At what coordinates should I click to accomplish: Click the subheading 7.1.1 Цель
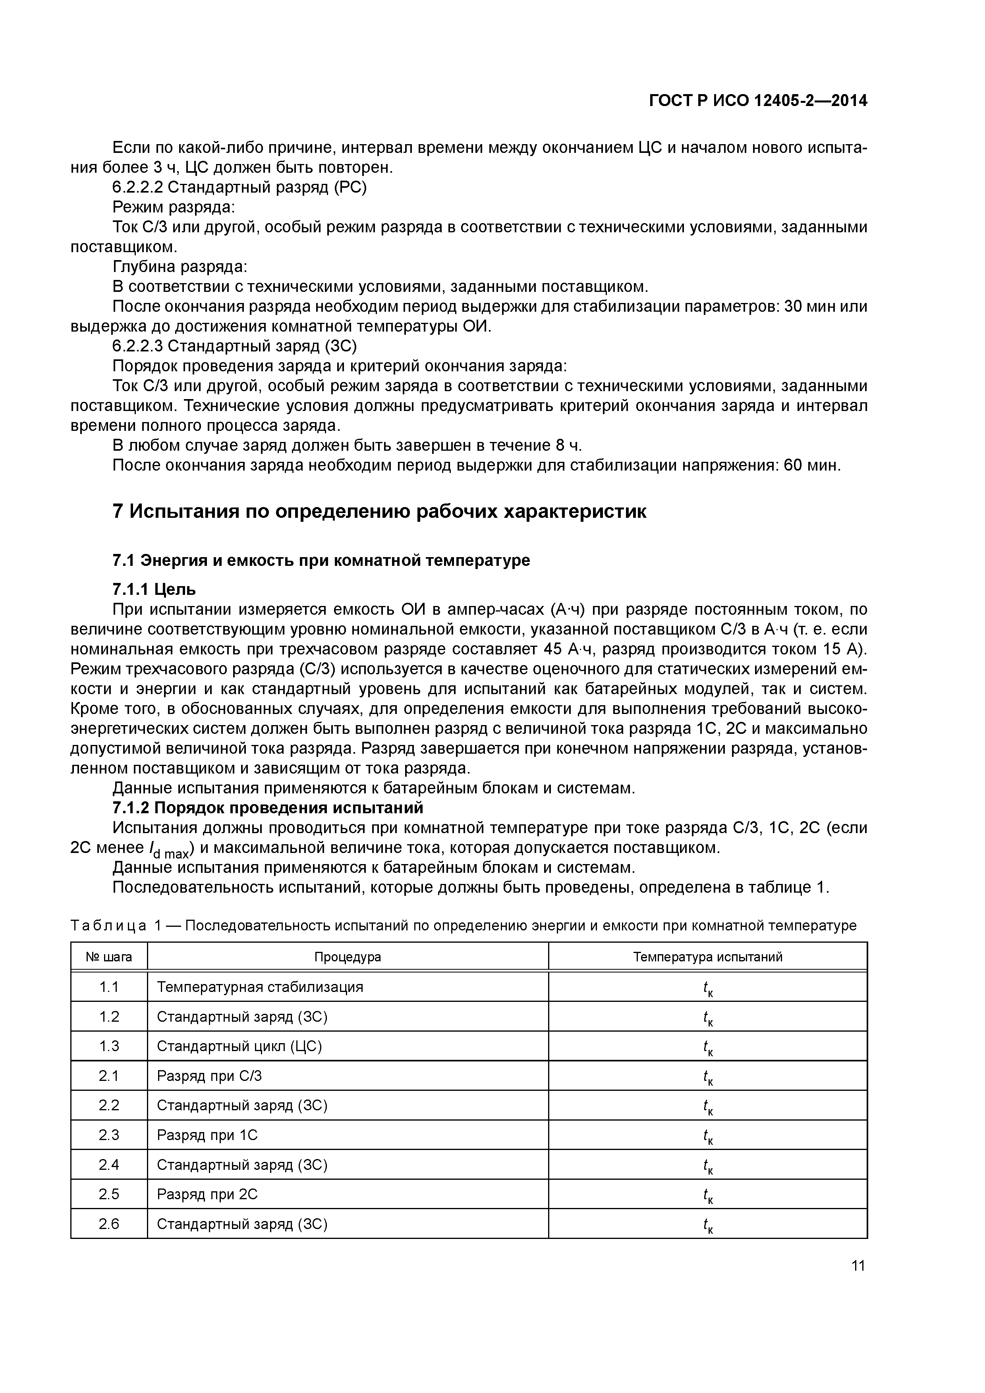(x=154, y=588)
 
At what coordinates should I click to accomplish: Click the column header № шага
(x=109, y=957)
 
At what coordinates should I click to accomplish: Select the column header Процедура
(x=347, y=957)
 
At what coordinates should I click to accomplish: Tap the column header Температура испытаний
(x=708, y=957)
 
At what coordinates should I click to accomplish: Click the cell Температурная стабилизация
(x=260, y=987)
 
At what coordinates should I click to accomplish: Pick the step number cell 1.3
(x=109, y=1046)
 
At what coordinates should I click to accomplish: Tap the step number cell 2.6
(x=109, y=1224)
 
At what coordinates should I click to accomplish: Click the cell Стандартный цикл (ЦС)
(x=239, y=1046)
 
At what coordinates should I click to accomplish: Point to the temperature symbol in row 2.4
(x=708, y=1165)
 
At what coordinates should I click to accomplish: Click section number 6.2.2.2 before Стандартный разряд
(x=138, y=187)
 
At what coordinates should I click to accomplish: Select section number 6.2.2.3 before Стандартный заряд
(x=138, y=346)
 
